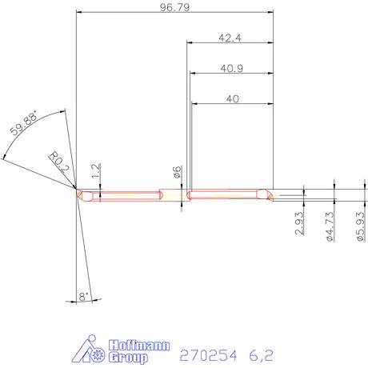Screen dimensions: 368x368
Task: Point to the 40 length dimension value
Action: pos(233,98)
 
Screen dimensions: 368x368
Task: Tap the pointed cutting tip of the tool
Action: pos(75,192)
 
